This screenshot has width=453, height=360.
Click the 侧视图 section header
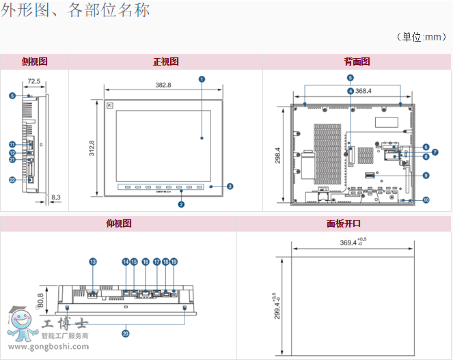(34, 61)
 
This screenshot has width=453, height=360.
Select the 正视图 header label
(165, 61)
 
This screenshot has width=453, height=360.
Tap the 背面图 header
(357, 61)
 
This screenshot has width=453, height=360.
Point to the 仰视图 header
(119, 223)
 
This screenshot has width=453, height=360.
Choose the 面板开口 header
(344, 223)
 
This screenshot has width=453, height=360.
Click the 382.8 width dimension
(163, 85)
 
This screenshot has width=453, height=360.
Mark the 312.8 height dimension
(91, 148)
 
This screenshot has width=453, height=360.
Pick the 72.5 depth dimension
(33, 81)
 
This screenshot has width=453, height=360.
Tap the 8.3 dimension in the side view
(56, 197)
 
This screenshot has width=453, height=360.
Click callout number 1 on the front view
(202, 79)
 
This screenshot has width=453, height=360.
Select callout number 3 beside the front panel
(230, 186)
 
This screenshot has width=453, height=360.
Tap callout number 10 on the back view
(426, 200)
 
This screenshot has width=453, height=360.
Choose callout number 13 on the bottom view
(94, 262)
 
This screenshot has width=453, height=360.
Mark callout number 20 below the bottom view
(126, 333)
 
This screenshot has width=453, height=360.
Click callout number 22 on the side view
(12, 180)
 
